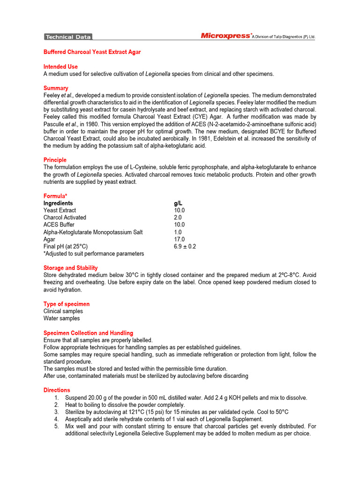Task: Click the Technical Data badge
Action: (x=68, y=37)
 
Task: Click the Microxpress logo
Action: (x=225, y=36)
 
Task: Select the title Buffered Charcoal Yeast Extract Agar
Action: (x=92, y=52)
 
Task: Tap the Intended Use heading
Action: (x=60, y=67)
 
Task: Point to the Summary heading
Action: (x=56, y=88)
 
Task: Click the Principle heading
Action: (x=55, y=160)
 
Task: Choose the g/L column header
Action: (x=178, y=203)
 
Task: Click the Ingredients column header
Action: (x=58, y=203)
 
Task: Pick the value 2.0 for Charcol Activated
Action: (x=178, y=217)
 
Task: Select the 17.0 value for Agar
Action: (x=179, y=239)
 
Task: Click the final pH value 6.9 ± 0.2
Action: (x=185, y=247)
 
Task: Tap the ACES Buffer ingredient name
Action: (x=59, y=225)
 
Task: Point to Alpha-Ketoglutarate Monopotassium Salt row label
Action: (x=93, y=232)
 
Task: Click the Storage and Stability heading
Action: (x=70, y=268)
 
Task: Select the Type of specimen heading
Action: (x=66, y=304)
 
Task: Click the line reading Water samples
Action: (x=61, y=318)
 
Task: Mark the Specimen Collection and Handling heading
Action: (x=88, y=333)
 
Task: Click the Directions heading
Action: (x=57, y=390)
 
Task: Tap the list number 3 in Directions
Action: (x=56, y=412)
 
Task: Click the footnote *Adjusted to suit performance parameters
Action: (x=94, y=254)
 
